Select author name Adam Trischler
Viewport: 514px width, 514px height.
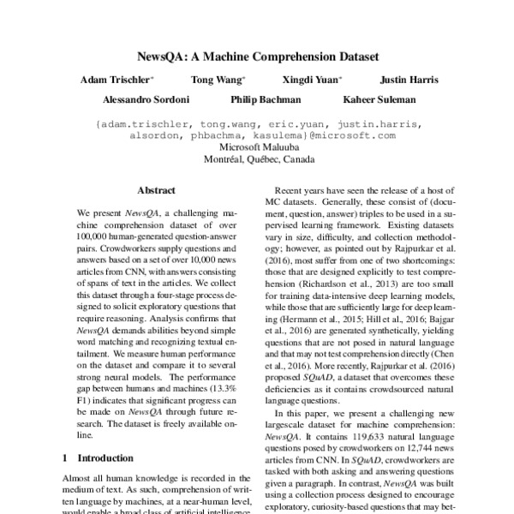[117, 81]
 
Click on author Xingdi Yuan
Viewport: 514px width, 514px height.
[312, 81]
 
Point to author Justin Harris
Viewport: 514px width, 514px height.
[409, 81]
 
